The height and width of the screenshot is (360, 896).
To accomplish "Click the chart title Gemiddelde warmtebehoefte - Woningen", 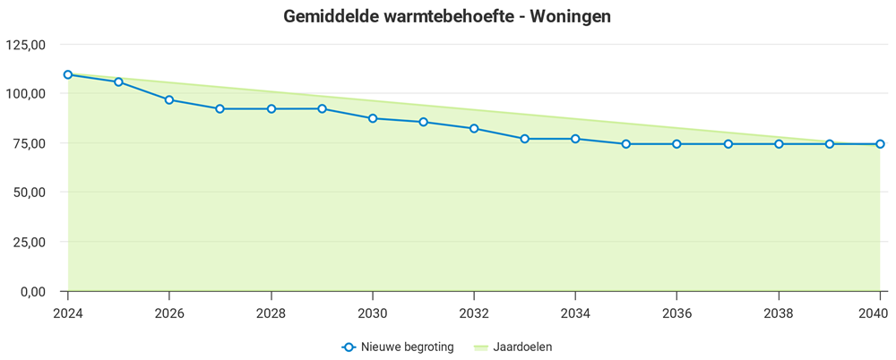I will [447, 17].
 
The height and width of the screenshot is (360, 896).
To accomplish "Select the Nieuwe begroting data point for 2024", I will [68, 74].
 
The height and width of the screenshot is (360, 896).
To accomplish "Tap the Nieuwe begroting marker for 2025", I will [118, 81].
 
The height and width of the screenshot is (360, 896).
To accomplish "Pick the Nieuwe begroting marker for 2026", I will [169, 99].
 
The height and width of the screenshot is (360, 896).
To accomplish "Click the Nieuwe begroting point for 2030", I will [373, 118].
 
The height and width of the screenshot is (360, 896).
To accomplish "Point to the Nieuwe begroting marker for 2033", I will [525, 139].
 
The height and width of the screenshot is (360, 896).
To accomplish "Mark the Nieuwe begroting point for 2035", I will [626, 143].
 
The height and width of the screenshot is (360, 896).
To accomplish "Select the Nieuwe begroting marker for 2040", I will [880, 143].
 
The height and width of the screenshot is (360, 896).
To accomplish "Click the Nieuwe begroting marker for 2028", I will [271, 108].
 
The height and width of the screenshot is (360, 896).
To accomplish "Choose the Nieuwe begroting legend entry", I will [398, 347].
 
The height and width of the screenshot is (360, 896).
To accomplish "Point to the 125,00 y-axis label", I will [25, 44].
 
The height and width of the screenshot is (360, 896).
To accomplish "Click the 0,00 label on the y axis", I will [32, 292].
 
